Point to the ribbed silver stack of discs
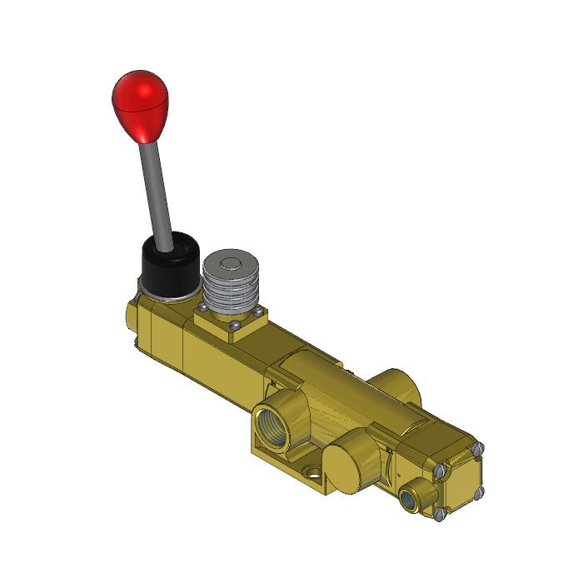pyautogui.click(x=230, y=291)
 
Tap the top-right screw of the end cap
pyautogui.click(x=478, y=449)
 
